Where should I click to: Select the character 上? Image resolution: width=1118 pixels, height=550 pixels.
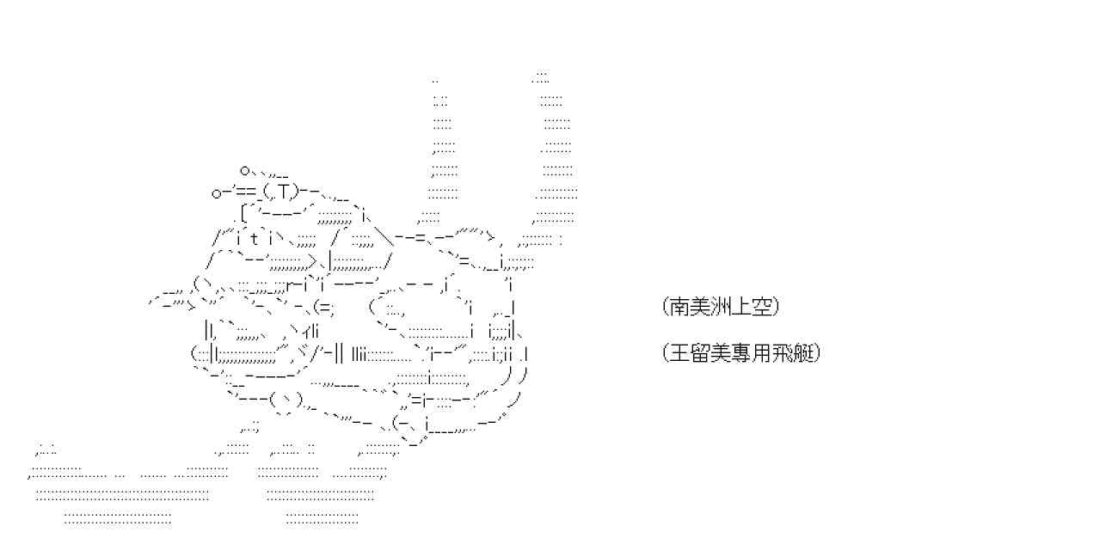pos(734,307)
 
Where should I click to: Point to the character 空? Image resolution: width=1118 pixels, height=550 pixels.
pos(752,307)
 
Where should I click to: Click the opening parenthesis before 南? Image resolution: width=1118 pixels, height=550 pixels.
pos(666,307)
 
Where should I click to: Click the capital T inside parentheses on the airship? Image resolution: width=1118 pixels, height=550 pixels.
pos(284,191)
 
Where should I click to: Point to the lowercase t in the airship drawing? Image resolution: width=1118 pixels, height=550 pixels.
pos(255,239)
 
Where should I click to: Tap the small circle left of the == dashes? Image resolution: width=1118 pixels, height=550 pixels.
pos(217,193)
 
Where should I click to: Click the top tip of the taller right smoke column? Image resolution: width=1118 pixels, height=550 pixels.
pos(541,76)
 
